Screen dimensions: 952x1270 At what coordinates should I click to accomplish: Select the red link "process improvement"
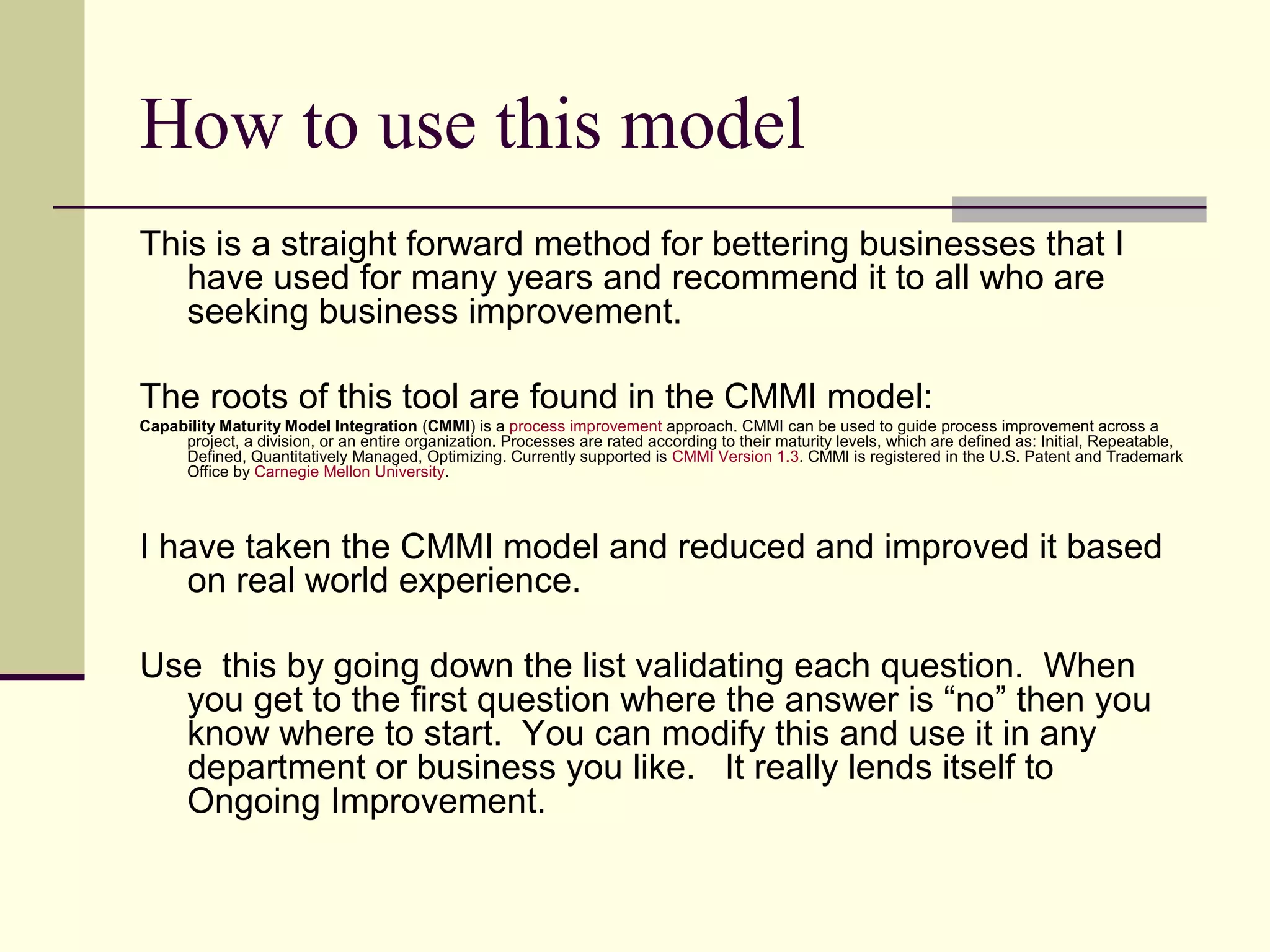[x=585, y=426]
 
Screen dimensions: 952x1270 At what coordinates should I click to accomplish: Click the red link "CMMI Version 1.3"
[x=735, y=457]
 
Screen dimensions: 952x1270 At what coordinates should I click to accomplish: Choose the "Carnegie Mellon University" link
[x=349, y=472]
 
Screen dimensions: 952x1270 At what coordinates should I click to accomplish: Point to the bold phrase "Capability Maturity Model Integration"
[x=278, y=426]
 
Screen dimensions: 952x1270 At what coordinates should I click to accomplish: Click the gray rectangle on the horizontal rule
[x=1078, y=209]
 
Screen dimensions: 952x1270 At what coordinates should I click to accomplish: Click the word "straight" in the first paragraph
[x=339, y=244]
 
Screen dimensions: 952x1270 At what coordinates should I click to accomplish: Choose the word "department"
[x=276, y=767]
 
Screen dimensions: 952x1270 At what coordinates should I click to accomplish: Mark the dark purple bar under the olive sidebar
[x=42, y=677]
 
